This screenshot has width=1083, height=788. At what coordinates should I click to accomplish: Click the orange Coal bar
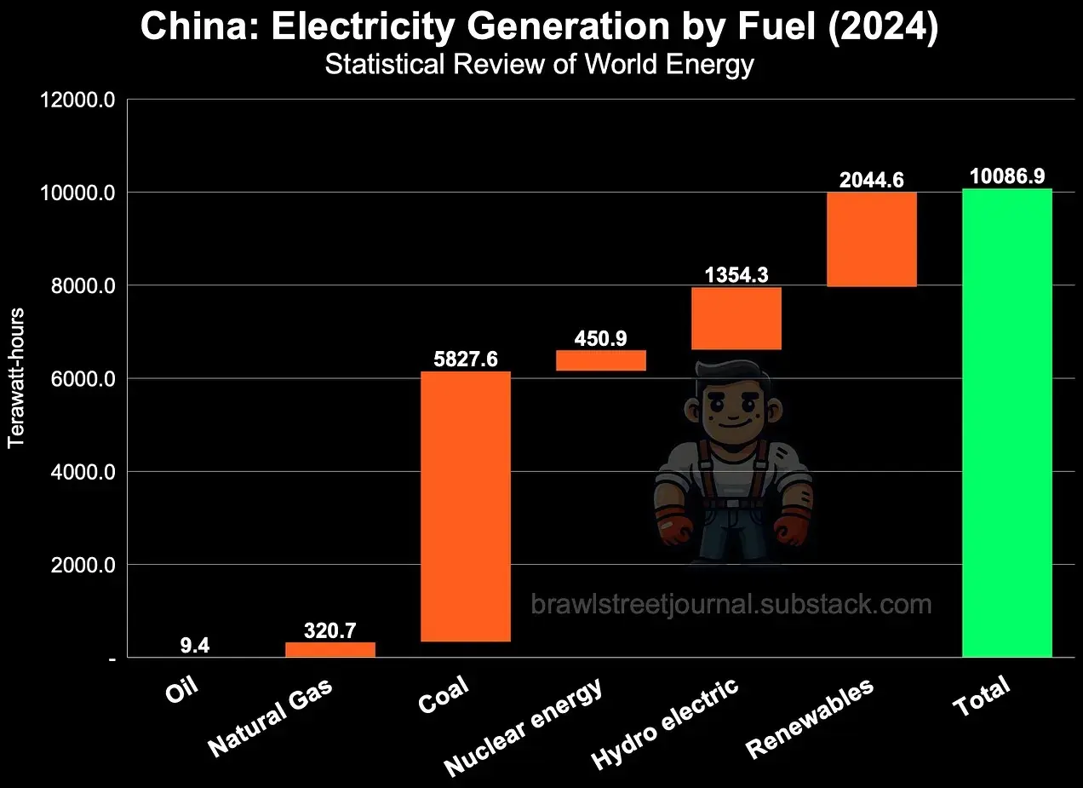coord(466,506)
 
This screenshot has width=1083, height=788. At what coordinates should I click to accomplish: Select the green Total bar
coord(1006,423)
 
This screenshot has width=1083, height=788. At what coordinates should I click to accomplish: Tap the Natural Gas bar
coord(330,649)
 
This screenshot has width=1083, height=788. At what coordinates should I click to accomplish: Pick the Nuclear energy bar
coord(601,360)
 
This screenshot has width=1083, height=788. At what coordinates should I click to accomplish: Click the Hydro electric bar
coord(736,318)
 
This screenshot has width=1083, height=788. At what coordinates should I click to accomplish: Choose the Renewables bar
coord(871,239)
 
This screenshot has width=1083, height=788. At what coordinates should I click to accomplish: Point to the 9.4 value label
coord(195,646)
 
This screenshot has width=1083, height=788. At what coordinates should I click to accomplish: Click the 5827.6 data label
coord(466,359)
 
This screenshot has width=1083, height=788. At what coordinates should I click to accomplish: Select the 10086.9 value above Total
coord(1007,176)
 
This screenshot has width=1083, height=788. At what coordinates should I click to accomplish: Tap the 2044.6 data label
coord(871,180)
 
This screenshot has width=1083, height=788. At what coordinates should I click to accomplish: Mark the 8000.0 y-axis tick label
coord(77,286)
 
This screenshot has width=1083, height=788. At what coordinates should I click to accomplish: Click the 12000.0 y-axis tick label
coord(77,100)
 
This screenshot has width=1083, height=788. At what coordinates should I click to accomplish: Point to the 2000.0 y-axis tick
coord(77,565)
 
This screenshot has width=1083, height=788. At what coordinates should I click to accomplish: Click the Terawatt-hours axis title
coord(17,378)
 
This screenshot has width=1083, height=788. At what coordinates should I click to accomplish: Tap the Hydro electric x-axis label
coord(666,724)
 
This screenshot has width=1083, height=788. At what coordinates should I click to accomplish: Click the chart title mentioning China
coord(540,27)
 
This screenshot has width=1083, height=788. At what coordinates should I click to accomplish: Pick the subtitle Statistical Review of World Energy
coord(540,65)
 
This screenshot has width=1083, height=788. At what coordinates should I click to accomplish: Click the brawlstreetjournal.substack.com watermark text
coord(731,605)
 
